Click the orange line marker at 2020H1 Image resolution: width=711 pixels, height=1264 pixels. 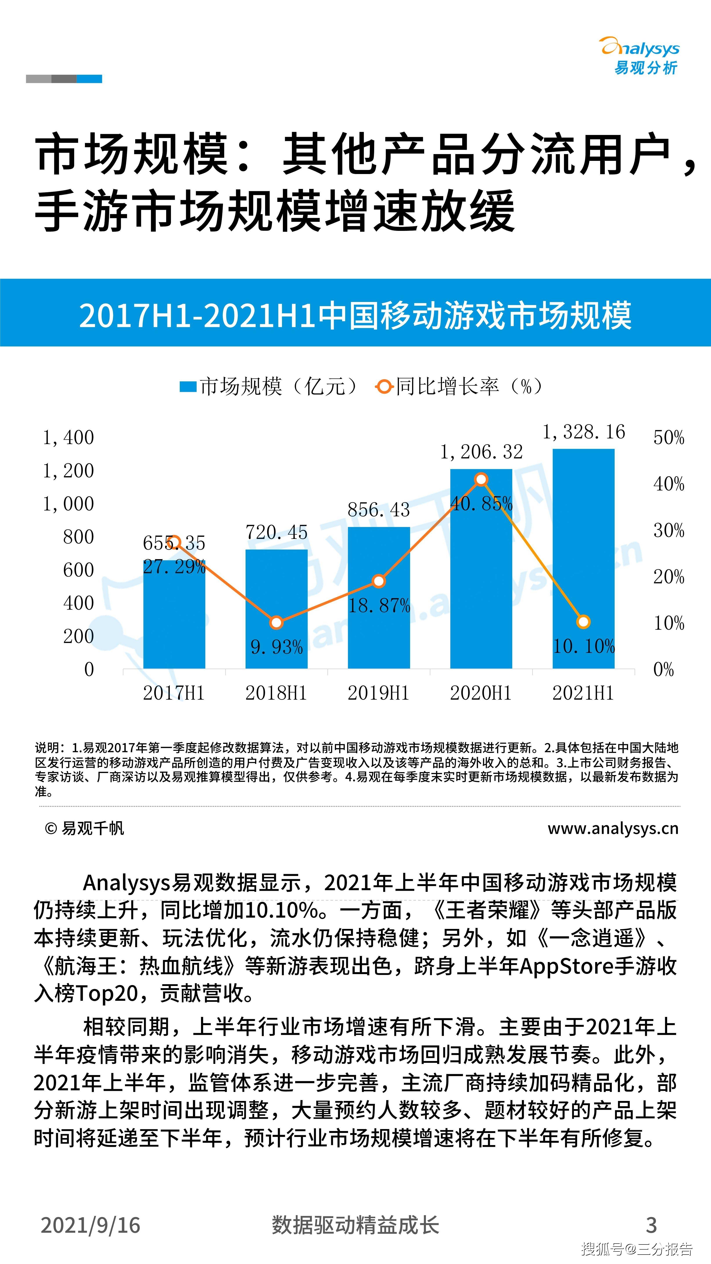pos(481,479)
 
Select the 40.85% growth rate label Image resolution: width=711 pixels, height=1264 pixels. pos(481,503)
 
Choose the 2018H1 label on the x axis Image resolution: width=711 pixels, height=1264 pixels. pos(276,693)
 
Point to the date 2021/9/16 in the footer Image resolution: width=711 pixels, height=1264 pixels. pos(91,1225)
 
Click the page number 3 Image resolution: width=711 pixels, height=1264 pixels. pos(651,1225)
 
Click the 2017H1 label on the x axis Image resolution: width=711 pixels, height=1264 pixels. pos(174,693)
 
